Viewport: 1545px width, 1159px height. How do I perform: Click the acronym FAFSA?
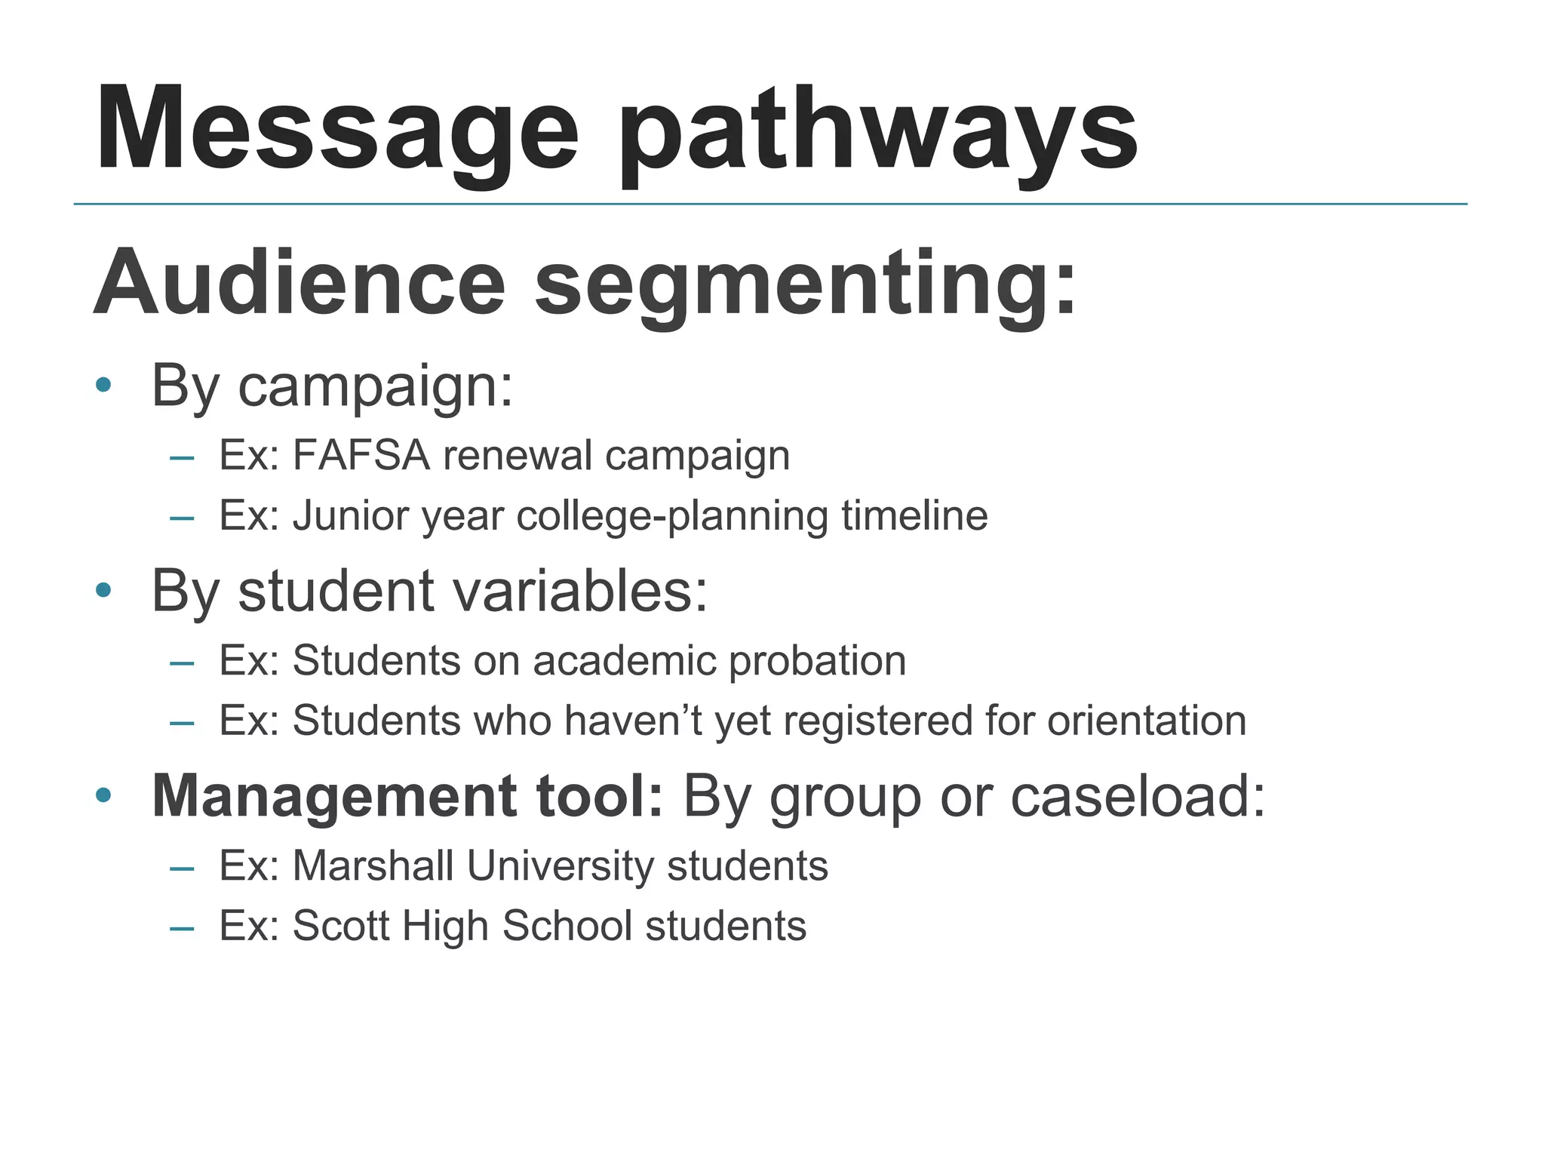361,456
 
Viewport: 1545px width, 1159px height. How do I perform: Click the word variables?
580,591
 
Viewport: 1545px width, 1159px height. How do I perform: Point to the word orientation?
1146,721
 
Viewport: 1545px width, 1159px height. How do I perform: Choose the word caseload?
1136,796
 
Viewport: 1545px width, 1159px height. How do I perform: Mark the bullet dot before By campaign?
104,386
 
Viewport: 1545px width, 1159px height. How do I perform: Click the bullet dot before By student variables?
104,591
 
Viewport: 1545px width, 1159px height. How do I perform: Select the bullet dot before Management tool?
104,795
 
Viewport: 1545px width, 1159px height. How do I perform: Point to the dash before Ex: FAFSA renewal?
182,457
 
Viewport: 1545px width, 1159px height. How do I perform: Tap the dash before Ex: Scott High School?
182,927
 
